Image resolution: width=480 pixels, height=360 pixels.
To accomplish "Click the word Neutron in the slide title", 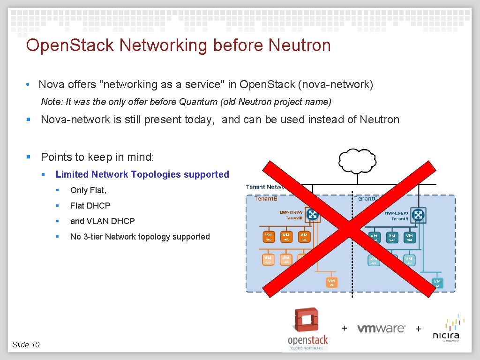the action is [300, 45].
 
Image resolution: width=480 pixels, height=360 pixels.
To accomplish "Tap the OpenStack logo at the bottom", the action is [307, 329].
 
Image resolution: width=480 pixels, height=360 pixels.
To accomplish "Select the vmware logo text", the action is [381, 329].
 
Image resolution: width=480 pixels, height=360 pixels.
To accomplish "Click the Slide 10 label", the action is [26, 345].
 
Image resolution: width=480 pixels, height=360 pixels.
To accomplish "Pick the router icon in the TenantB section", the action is [312, 215].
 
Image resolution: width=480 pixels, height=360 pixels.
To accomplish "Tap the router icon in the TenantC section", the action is [418, 215].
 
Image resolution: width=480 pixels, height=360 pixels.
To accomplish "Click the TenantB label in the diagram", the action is [266, 199].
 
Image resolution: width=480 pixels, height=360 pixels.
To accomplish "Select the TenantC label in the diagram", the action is [366, 199].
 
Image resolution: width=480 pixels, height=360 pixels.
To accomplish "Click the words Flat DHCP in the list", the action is [90, 206].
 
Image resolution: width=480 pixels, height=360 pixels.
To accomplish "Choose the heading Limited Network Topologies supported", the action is [142, 174].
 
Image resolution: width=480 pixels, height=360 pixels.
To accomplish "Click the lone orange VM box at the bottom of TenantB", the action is [331, 282].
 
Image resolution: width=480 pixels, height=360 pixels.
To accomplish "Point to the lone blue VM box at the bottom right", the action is [437, 282].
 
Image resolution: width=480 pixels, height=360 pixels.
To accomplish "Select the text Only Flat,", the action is [88, 190].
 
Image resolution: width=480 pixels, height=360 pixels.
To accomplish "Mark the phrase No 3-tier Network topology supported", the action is [140, 237].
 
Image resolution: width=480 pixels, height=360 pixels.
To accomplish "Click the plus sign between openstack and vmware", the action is [345, 328].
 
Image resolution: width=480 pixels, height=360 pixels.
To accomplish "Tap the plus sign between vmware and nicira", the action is [419, 329].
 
